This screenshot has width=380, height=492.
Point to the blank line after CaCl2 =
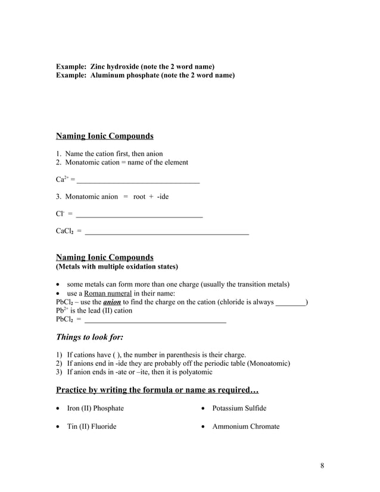point(167,232)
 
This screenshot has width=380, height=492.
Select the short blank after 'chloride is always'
point(290,303)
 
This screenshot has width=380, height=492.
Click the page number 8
point(322,465)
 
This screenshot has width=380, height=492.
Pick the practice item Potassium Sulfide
point(239,408)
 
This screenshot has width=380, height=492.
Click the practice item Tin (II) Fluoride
point(91,426)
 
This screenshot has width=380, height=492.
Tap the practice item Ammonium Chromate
point(246,426)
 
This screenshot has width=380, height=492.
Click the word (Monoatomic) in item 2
point(269,363)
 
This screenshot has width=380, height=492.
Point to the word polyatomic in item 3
point(194,372)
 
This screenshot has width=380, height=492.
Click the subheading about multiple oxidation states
point(117,266)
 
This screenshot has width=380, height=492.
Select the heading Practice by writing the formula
point(157,390)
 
